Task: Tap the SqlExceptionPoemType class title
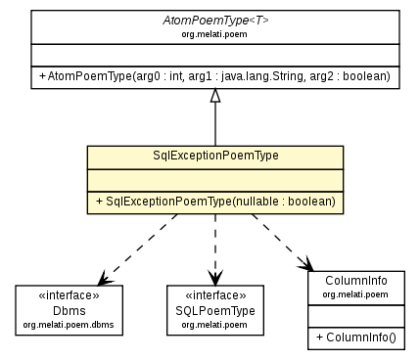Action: coord(215,157)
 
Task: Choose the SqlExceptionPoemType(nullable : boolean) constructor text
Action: coord(215,201)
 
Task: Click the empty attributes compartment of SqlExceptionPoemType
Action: coord(215,179)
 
